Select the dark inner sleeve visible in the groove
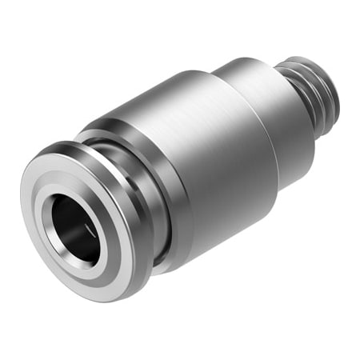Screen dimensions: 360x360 [160, 240]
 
